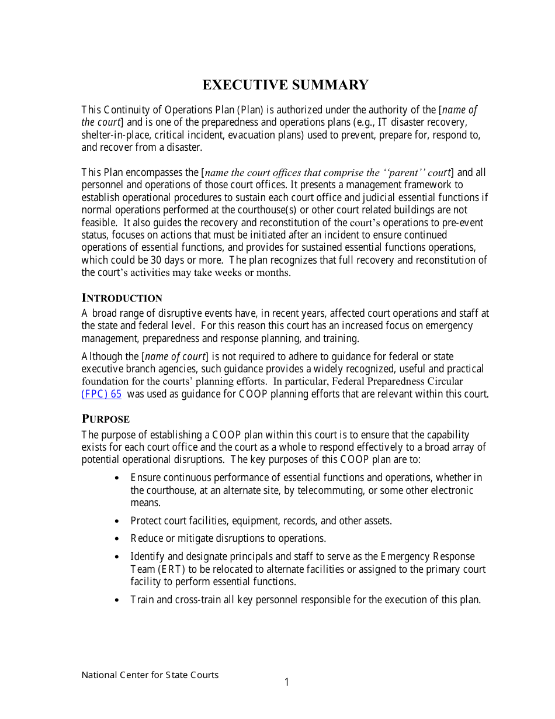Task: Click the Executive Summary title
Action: pyautogui.click(x=285, y=85)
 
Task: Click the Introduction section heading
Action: pyautogui.click(x=122, y=298)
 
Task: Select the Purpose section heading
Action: pyautogui.click(x=105, y=419)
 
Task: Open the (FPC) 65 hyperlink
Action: pyautogui.click(x=101, y=394)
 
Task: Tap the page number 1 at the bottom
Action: pyautogui.click(x=286, y=682)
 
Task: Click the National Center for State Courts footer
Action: pyautogui.click(x=150, y=675)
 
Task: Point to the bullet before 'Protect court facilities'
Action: pyautogui.click(x=117, y=521)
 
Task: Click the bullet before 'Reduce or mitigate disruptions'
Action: pyautogui.click(x=117, y=538)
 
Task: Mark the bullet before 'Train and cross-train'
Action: pyautogui.click(x=117, y=600)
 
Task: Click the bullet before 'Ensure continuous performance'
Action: pyautogui.click(x=117, y=478)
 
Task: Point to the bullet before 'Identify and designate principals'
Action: pyautogui.click(x=117, y=557)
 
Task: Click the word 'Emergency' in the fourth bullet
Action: pyautogui.click(x=405, y=556)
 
